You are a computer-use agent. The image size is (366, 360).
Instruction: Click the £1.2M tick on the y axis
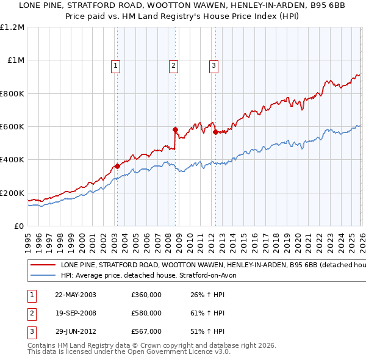(x=12, y=27)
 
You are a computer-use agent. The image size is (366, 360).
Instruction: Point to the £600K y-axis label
(x=12, y=127)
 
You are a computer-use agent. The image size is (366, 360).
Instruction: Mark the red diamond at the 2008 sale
(x=175, y=129)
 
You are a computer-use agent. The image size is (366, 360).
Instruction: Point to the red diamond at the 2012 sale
(x=215, y=132)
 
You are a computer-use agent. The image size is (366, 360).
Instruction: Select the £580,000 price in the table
(x=146, y=313)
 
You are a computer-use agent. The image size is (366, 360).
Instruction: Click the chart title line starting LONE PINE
(x=182, y=6)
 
